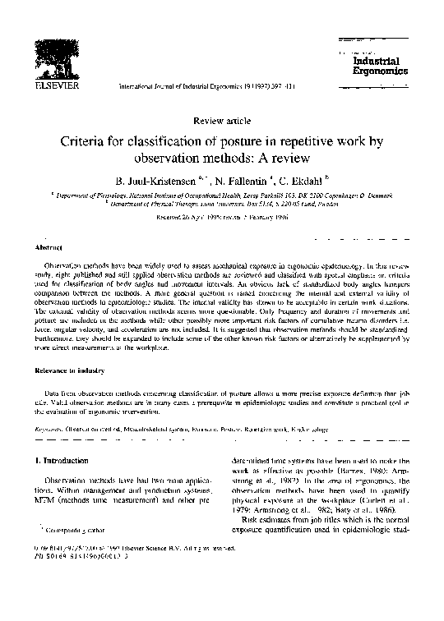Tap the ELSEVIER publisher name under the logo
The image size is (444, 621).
coord(53,84)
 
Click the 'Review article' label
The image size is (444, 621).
coord(221,121)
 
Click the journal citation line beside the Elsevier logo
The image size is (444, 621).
coord(221,85)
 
